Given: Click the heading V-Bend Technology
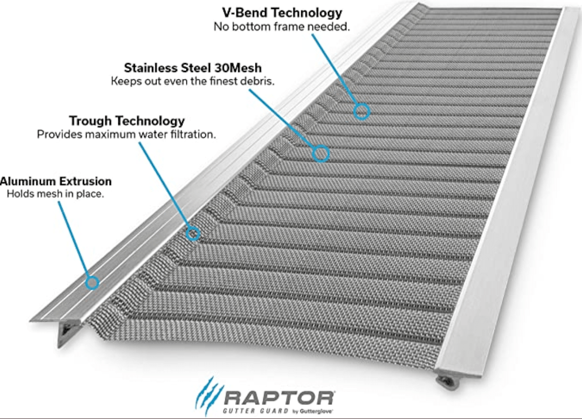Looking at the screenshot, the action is pos(282,13).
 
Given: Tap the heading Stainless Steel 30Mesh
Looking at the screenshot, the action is pos(193,68).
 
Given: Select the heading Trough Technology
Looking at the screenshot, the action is pos(127,121).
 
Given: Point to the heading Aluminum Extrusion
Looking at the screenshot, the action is pos(55,181).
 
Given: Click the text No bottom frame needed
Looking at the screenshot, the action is pos(282,27).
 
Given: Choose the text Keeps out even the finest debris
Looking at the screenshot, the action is pos(193,81).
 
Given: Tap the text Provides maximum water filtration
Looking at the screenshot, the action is pos(126,134).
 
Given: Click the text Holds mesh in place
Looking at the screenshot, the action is pos(55,194).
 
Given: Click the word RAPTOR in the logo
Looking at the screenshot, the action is pos(280,398).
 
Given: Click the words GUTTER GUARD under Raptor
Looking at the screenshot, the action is pos(255,411).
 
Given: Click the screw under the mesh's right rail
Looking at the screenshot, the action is pos(444,381).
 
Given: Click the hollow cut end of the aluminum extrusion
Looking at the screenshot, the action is pos(66,333).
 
